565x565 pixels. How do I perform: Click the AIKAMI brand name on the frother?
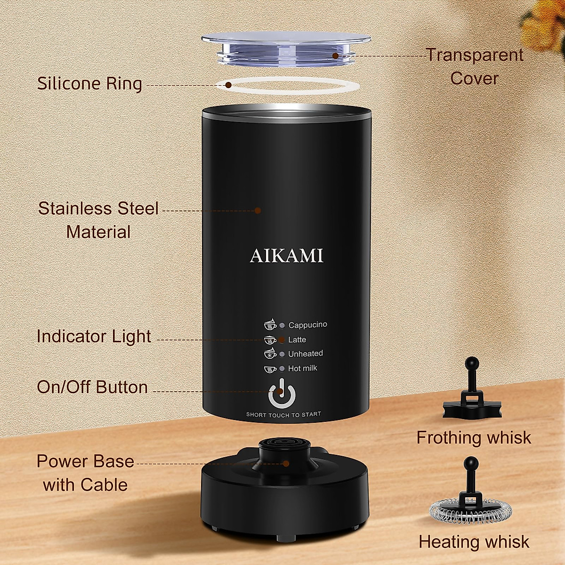click(x=286, y=256)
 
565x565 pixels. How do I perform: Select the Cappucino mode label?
click(x=307, y=325)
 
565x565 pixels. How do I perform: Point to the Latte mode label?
click(x=297, y=339)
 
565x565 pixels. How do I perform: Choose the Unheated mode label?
click(x=306, y=354)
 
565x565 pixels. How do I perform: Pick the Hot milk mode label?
click(x=303, y=368)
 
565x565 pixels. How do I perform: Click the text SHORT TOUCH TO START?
click(x=283, y=414)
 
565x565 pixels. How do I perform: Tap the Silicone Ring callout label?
click(x=89, y=84)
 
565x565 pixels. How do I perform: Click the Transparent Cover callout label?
click(x=475, y=66)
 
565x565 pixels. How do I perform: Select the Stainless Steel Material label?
click(x=98, y=220)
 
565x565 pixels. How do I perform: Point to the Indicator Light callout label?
click(x=94, y=337)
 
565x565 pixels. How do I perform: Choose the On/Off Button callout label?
click(x=92, y=387)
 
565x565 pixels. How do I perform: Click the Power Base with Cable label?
click(x=86, y=473)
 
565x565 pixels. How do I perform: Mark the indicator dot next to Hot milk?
click(x=282, y=369)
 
